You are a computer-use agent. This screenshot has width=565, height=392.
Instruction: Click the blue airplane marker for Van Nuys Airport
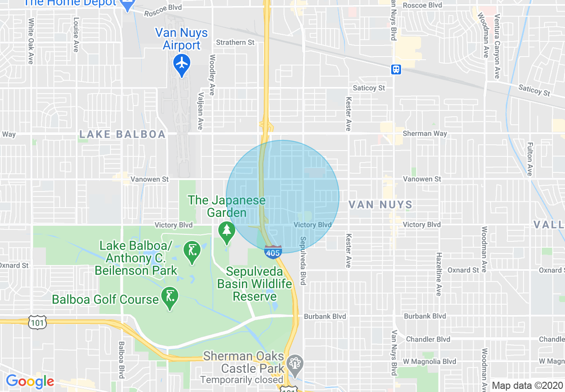[182, 63]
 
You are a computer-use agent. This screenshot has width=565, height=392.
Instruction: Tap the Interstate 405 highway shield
[272, 252]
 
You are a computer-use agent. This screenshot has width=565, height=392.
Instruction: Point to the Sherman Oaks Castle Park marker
[295, 363]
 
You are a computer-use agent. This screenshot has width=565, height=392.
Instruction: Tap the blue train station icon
[396, 69]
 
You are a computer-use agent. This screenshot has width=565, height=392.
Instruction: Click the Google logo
[30, 382]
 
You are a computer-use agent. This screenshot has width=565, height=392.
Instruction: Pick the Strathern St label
[235, 42]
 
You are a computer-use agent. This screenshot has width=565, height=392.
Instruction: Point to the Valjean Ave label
[201, 111]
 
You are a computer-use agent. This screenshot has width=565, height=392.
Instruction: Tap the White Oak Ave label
[31, 41]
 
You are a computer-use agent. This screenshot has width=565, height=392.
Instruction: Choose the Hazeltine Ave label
[438, 274]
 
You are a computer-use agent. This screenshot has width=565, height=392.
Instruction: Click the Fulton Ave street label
[530, 159]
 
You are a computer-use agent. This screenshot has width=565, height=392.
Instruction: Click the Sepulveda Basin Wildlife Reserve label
[254, 284]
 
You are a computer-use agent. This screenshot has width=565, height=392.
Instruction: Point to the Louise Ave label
[76, 35]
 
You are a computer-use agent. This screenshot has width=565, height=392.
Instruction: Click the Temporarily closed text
[242, 380]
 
